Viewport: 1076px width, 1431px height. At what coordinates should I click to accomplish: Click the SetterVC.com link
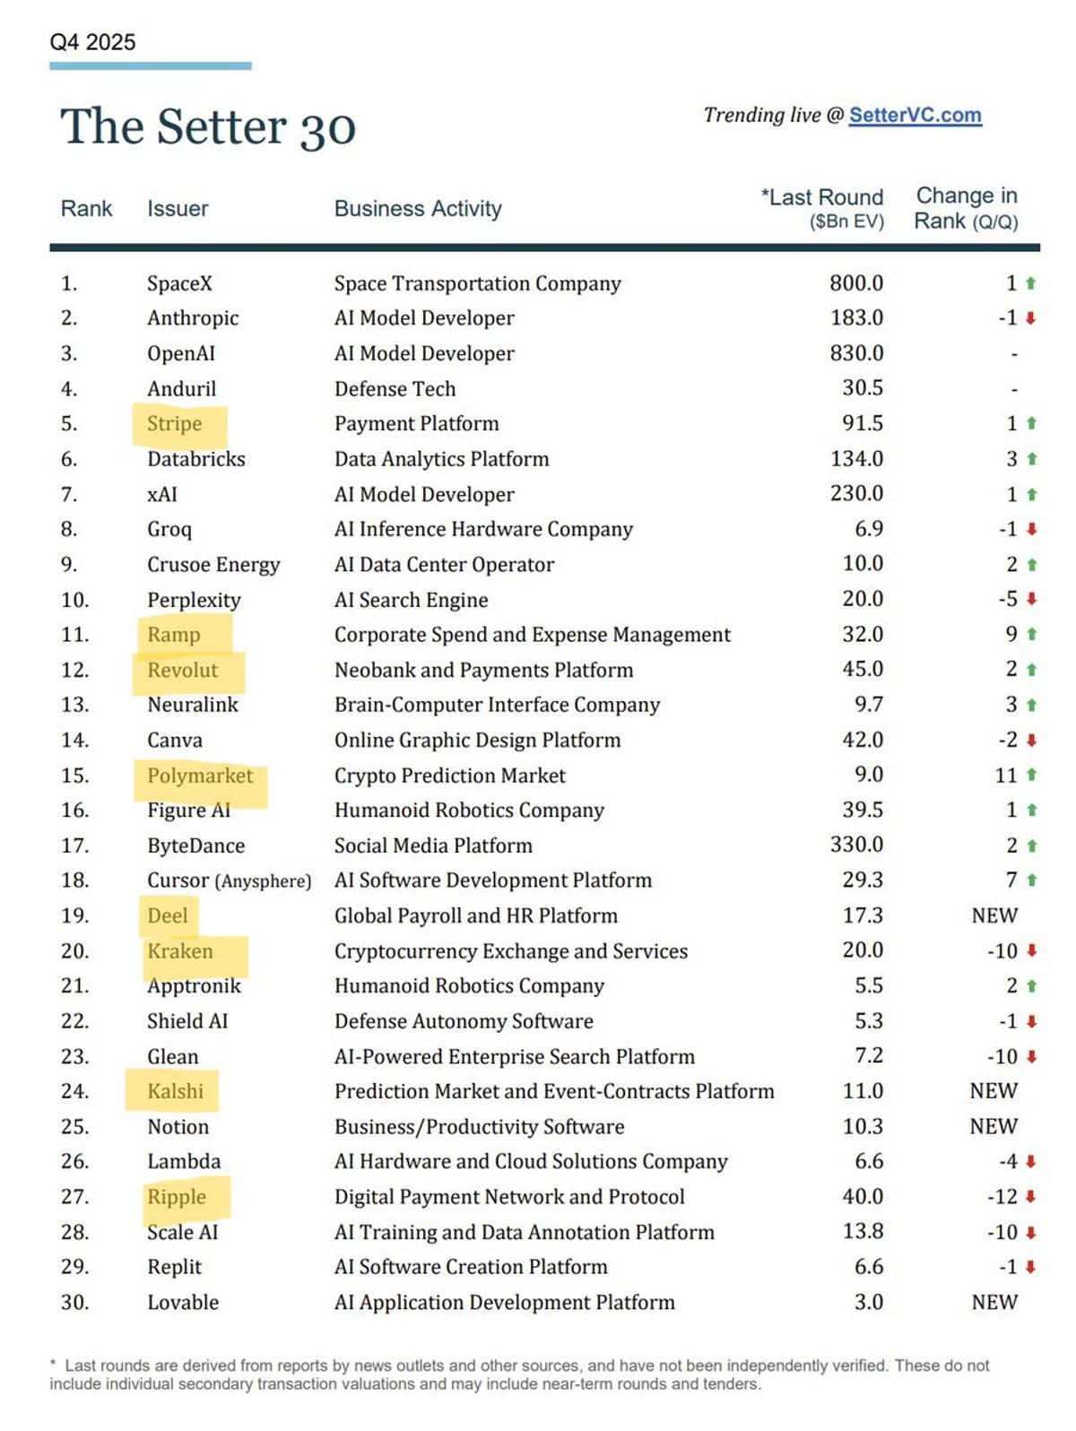(915, 116)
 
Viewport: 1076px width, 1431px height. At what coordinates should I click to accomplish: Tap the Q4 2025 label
(92, 42)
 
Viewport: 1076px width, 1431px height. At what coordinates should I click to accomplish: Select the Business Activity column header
(418, 209)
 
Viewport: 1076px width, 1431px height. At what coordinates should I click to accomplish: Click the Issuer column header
(178, 209)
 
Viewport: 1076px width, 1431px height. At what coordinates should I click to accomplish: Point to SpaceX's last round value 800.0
(855, 283)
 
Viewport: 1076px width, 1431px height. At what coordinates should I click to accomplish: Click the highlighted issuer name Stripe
(175, 423)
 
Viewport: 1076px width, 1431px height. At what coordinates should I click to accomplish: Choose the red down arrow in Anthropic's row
(1031, 318)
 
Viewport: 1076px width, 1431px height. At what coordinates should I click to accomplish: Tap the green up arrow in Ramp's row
(1031, 635)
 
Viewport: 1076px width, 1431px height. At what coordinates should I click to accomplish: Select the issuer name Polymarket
(200, 776)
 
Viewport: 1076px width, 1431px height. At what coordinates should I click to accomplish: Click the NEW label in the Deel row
(994, 915)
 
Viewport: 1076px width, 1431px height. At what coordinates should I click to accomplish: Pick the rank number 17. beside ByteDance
(74, 846)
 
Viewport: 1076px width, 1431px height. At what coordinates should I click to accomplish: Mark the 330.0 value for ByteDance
(856, 846)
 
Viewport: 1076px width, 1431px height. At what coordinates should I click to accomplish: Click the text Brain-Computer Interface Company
(497, 705)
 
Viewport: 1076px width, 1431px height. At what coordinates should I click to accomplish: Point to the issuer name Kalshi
(176, 1091)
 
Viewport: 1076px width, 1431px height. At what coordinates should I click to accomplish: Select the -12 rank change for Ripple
(1002, 1197)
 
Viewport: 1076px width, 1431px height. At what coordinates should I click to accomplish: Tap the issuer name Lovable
(183, 1302)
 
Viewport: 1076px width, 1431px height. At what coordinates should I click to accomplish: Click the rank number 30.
(74, 1302)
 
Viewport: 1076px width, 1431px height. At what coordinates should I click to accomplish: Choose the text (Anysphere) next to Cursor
(264, 881)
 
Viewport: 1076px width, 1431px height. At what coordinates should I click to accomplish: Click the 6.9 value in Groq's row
(869, 529)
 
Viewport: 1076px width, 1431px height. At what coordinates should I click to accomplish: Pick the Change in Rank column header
(966, 208)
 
